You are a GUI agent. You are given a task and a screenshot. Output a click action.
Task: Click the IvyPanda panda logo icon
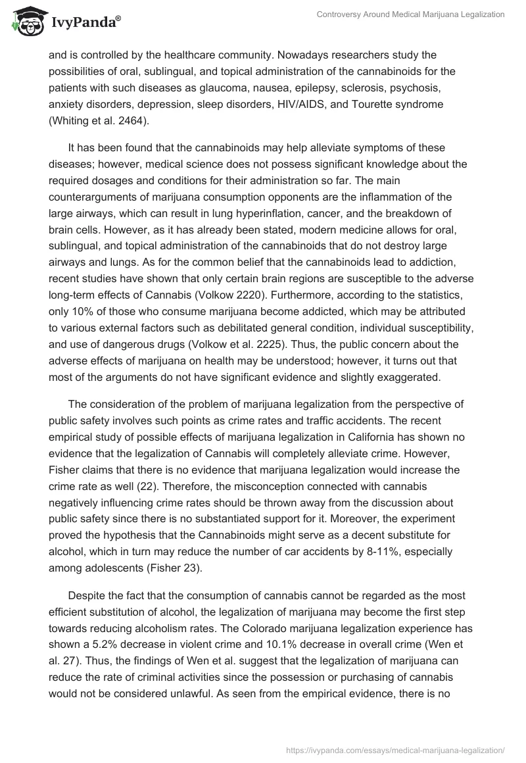[x=24, y=22]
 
